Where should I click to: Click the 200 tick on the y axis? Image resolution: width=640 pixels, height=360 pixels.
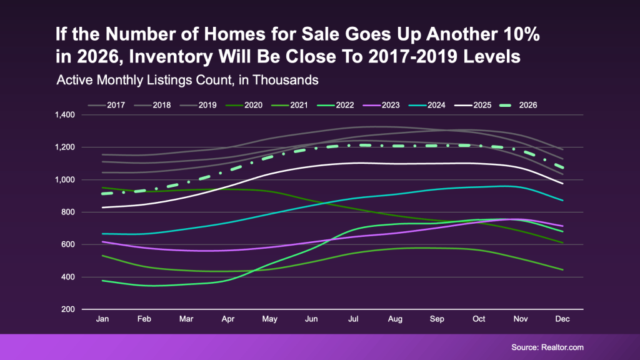[x=67, y=309]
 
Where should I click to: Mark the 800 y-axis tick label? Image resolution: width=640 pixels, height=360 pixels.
[x=67, y=212]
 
